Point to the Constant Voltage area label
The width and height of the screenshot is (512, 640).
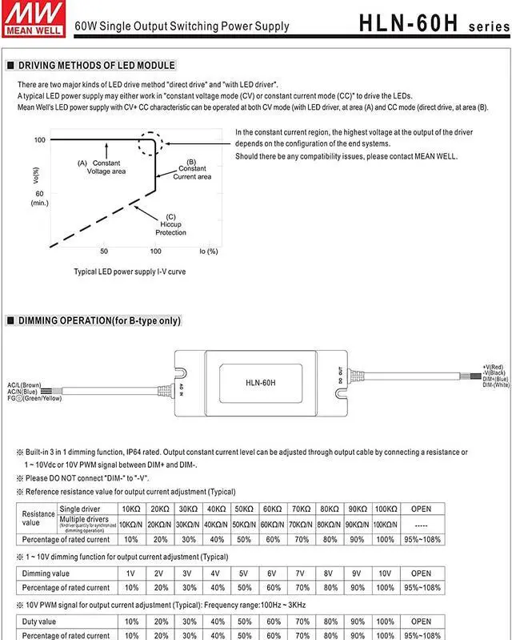[x=105, y=167]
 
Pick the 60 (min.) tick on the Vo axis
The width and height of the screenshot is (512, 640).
[x=40, y=198]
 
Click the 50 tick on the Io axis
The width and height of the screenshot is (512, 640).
[x=104, y=251]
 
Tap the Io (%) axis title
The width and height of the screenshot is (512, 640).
[x=206, y=251]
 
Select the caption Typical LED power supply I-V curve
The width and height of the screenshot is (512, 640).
[x=130, y=272]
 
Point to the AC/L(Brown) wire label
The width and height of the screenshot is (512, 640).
[x=25, y=384]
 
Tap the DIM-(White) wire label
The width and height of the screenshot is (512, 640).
[x=496, y=385]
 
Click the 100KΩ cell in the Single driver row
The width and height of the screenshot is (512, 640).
[x=386, y=509]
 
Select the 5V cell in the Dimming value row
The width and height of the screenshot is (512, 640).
[x=243, y=573]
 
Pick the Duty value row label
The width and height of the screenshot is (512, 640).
[x=38, y=621]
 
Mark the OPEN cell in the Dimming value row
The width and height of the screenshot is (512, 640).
[x=422, y=573]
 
